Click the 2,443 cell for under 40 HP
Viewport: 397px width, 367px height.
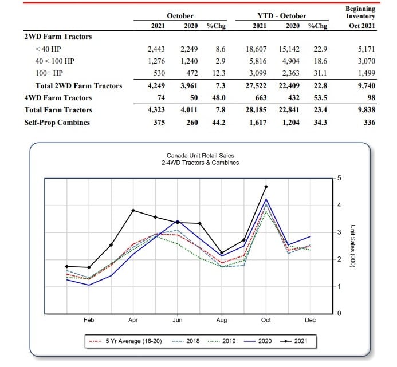click(x=156, y=49)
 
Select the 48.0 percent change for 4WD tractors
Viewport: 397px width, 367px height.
click(x=219, y=98)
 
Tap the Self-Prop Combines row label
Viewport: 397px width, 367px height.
click(x=57, y=123)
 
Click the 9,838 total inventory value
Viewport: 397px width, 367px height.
click(x=367, y=110)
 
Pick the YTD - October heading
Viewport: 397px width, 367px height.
click(x=282, y=16)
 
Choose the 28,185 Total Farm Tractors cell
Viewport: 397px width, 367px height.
click(x=256, y=110)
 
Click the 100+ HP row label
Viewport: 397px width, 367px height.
click(x=49, y=73)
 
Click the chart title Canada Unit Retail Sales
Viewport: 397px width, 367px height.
click(x=201, y=156)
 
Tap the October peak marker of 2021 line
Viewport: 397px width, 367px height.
click(x=266, y=187)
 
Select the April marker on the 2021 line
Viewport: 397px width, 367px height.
click(x=133, y=211)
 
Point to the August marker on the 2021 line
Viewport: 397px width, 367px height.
click(x=222, y=253)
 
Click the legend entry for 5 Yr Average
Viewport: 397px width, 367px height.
click(x=125, y=341)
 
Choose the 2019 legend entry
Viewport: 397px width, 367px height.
click(x=222, y=341)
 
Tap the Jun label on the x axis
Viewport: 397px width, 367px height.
click(x=178, y=320)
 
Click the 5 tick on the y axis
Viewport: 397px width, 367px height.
click(x=339, y=178)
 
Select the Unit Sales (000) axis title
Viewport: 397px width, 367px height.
click(x=352, y=246)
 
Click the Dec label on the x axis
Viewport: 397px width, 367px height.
click(x=310, y=320)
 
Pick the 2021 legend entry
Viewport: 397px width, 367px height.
click(x=294, y=341)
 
